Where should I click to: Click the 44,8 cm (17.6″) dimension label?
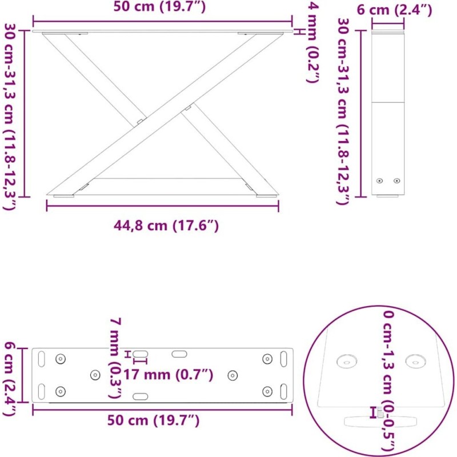click(x=166, y=225)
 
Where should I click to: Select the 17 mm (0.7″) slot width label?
click(x=168, y=375)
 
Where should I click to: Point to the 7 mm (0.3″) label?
click(x=115, y=358)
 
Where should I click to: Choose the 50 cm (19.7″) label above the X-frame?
click(x=159, y=6)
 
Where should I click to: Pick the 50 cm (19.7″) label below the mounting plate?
click(x=153, y=420)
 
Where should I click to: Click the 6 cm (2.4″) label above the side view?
click(x=394, y=10)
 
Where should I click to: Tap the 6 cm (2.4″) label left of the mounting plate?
click(x=9, y=379)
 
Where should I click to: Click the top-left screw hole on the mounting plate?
click(x=61, y=359)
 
